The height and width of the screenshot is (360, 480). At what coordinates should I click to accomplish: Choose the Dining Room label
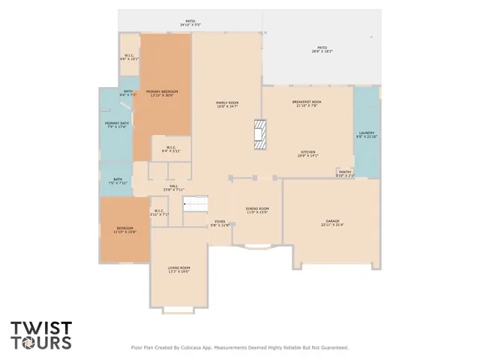(257, 210)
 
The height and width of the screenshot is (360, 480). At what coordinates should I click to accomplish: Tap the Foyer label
(220, 223)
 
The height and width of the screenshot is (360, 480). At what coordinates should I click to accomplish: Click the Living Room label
(179, 269)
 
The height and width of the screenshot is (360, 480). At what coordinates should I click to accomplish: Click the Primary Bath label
(117, 124)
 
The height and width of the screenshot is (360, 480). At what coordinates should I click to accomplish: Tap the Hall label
(173, 187)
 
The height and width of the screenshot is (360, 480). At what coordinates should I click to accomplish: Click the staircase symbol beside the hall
(195, 203)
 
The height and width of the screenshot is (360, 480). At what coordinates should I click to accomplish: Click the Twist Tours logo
(41, 335)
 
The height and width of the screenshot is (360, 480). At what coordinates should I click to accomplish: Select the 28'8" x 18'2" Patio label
(322, 50)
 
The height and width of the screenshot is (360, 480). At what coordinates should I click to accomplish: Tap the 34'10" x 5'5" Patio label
(190, 23)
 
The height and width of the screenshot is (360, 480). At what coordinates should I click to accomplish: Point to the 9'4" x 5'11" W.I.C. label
(171, 148)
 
